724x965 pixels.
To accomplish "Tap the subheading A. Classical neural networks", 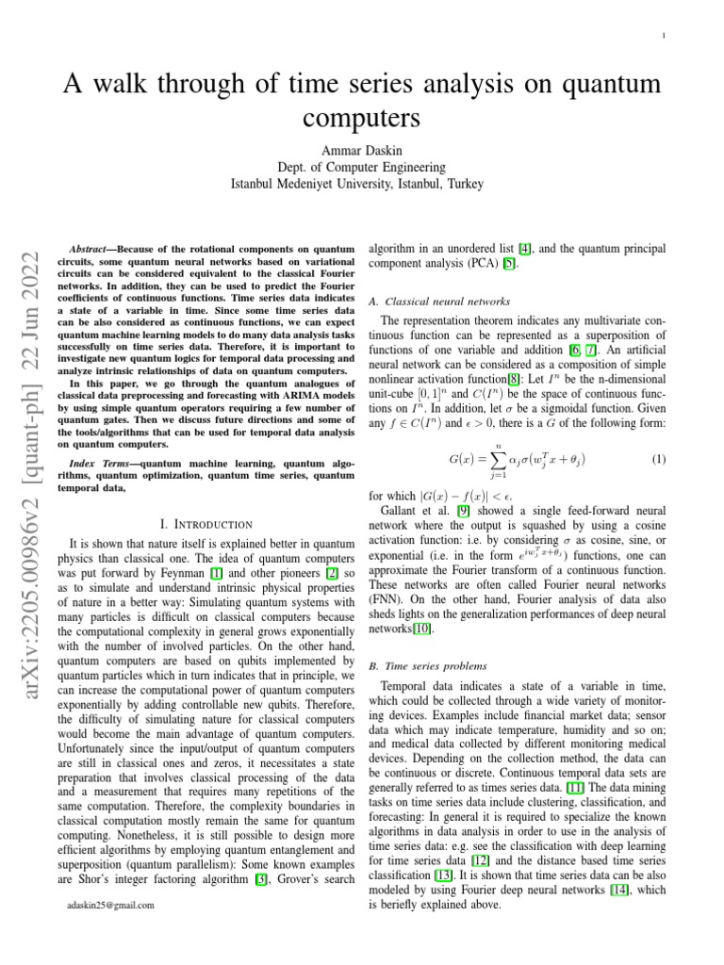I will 438,302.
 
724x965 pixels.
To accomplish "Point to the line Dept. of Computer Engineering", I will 362,166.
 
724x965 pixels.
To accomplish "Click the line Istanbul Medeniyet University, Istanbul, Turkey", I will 362,183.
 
